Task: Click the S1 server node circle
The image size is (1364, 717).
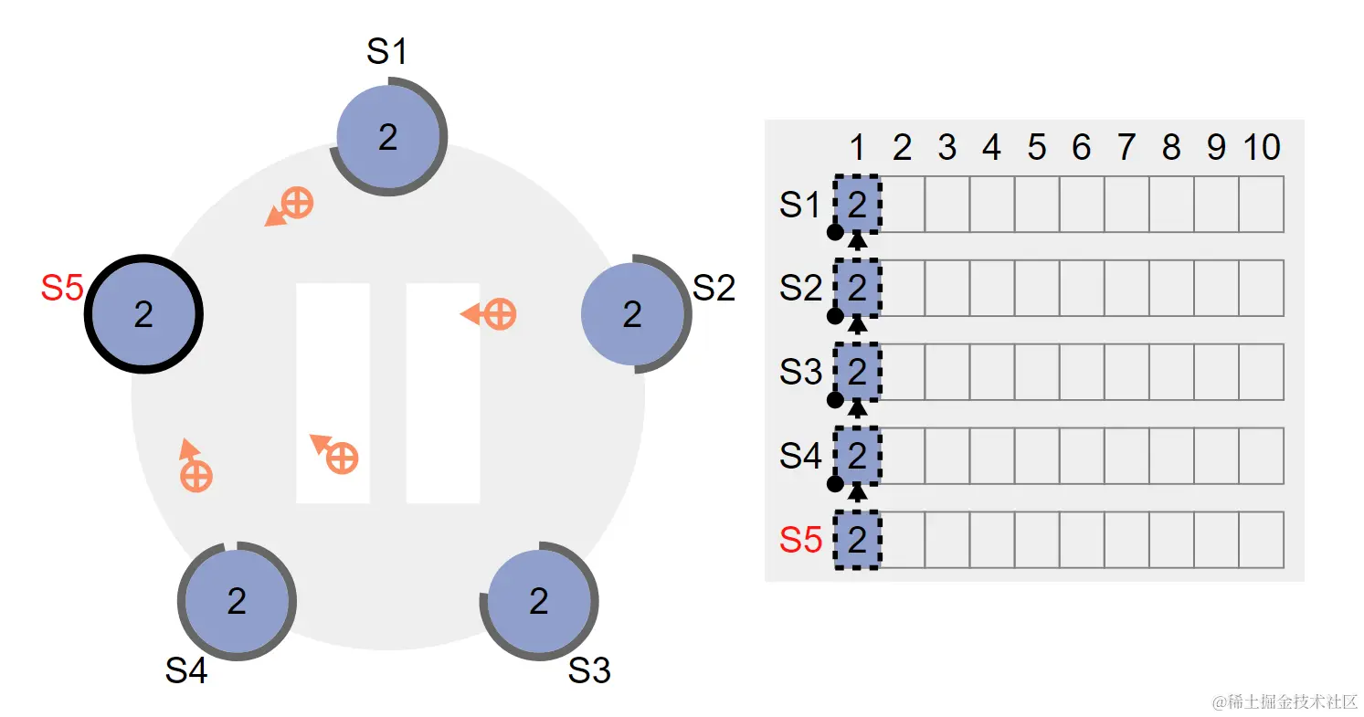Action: pyautogui.click(x=388, y=136)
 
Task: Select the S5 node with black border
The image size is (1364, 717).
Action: pyautogui.click(x=143, y=314)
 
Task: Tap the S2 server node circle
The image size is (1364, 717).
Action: pyautogui.click(x=633, y=314)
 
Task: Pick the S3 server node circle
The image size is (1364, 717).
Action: pyautogui.click(x=540, y=601)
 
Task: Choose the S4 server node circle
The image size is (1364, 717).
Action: pyautogui.click(x=237, y=601)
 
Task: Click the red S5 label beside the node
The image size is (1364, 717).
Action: pyautogui.click(x=62, y=288)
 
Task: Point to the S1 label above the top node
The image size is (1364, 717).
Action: pyautogui.click(x=386, y=51)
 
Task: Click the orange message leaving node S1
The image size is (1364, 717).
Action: pyautogui.click(x=289, y=207)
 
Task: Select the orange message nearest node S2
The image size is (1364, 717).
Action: pyautogui.click(x=489, y=314)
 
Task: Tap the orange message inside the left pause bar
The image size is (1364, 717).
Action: pyautogui.click(x=334, y=453)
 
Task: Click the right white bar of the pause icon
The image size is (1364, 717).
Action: pyautogui.click(x=443, y=393)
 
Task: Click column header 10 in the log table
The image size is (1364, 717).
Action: pyautogui.click(x=1262, y=147)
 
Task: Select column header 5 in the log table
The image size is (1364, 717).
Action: pyautogui.click(x=1037, y=147)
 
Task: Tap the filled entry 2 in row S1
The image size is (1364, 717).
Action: pyautogui.click(x=857, y=204)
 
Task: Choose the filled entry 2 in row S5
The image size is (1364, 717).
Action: pyautogui.click(x=857, y=540)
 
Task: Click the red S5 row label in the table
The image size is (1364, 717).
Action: pyautogui.click(x=800, y=540)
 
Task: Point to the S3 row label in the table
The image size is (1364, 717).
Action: pyautogui.click(x=800, y=372)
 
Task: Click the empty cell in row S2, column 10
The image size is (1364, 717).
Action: pyautogui.click(x=1262, y=288)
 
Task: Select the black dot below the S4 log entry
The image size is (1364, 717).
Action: pyautogui.click(x=835, y=484)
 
